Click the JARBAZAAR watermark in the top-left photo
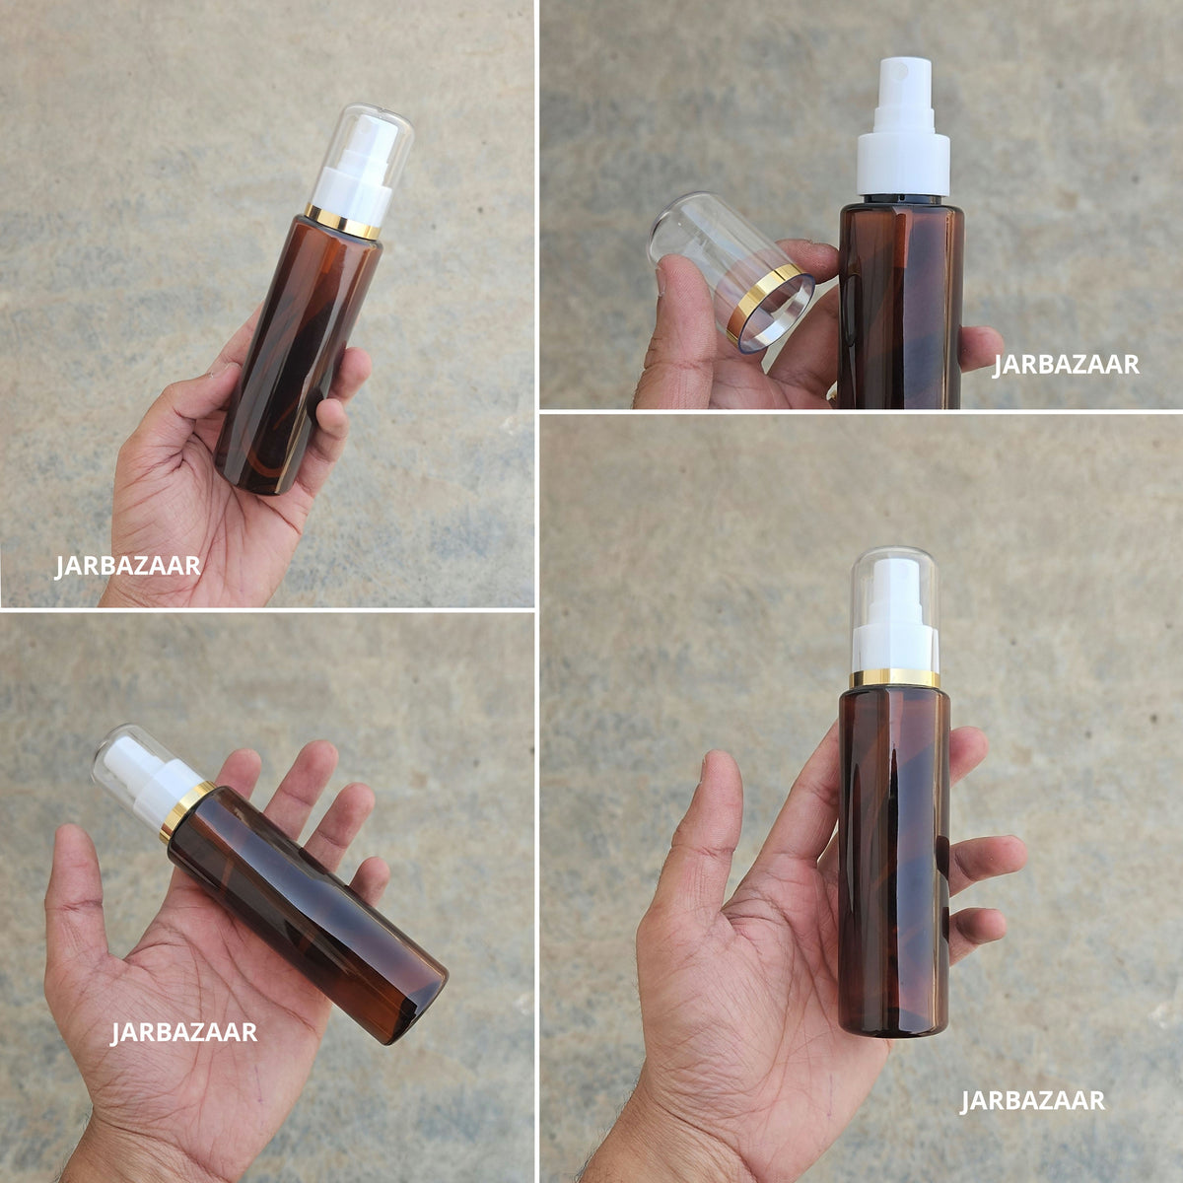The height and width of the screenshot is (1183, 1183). [x=128, y=566]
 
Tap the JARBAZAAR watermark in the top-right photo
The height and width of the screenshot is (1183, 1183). [x=1066, y=365]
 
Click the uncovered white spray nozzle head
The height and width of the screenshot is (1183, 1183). [x=904, y=85]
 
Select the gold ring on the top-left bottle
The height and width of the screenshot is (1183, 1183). [x=342, y=222]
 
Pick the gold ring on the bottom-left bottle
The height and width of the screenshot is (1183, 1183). [x=184, y=812]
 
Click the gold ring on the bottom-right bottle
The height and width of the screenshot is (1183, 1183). [x=894, y=679]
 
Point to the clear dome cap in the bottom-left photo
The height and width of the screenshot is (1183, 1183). [x=148, y=767]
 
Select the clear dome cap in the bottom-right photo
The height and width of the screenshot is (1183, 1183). [x=896, y=609]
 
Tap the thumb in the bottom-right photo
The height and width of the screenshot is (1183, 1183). [x=714, y=826]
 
